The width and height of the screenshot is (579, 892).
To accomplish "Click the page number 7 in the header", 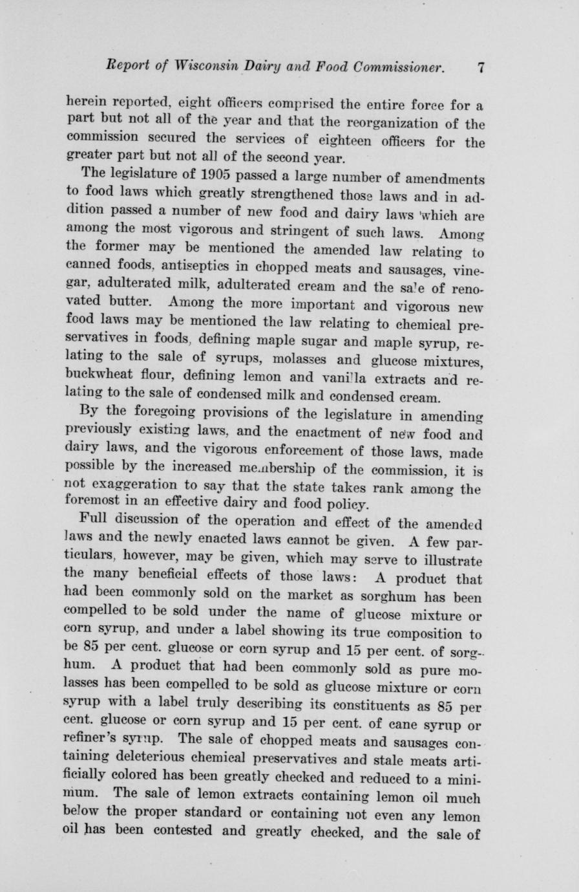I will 481,67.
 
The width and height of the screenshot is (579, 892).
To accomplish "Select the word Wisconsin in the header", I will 204,67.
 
